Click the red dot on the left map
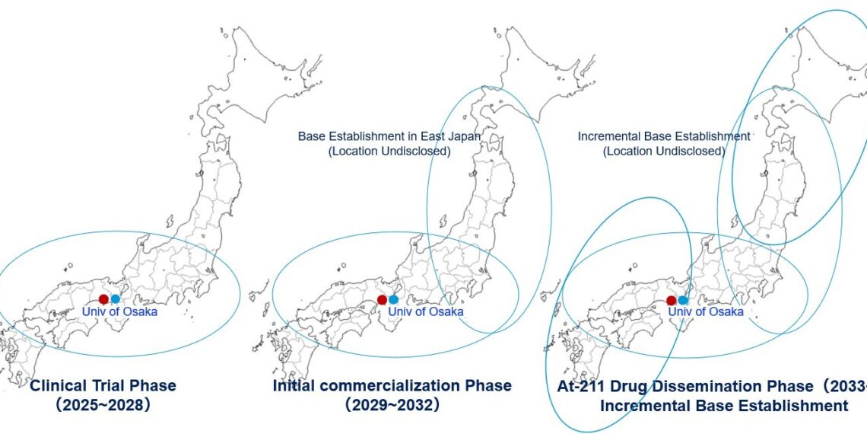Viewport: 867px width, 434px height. pyautogui.click(x=104, y=299)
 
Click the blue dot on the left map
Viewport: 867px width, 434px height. pyautogui.click(x=116, y=299)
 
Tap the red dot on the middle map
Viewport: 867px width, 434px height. pyautogui.click(x=382, y=299)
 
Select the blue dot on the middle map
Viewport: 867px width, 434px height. pyautogui.click(x=393, y=299)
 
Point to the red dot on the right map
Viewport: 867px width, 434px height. pyautogui.click(x=672, y=300)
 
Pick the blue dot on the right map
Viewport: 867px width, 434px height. pyautogui.click(x=683, y=300)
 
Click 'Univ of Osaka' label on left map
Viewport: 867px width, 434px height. pyautogui.click(x=119, y=311)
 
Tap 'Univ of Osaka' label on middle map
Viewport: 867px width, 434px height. pyautogui.click(x=425, y=311)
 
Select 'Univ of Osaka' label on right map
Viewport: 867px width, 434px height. pyautogui.click(x=706, y=311)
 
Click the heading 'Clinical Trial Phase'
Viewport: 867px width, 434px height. pyautogui.click(x=103, y=386)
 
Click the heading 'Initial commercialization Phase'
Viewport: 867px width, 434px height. pyautogui.click(x=392, y=386)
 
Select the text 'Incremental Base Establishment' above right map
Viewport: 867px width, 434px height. pyautogui.click(x=664, y=136)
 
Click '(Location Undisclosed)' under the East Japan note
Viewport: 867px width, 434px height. pyautogui.click(x=389, y=152)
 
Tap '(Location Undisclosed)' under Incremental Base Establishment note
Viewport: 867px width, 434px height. pyautogui.click(x=664, y=152)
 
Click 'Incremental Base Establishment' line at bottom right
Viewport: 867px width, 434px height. pyautogui.click(x=723, y=407)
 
